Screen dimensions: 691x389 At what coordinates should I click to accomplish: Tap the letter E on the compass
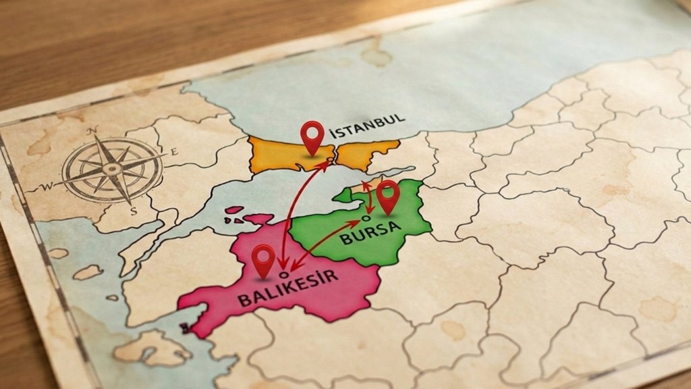coord(174,152)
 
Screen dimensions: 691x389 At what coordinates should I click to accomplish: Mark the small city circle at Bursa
coord(365,218)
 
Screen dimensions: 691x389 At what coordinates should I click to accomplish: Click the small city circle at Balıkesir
coord(284,274)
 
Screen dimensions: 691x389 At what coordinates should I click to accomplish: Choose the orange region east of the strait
coord(365,154)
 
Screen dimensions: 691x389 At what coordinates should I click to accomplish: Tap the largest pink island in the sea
coord(260,219)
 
